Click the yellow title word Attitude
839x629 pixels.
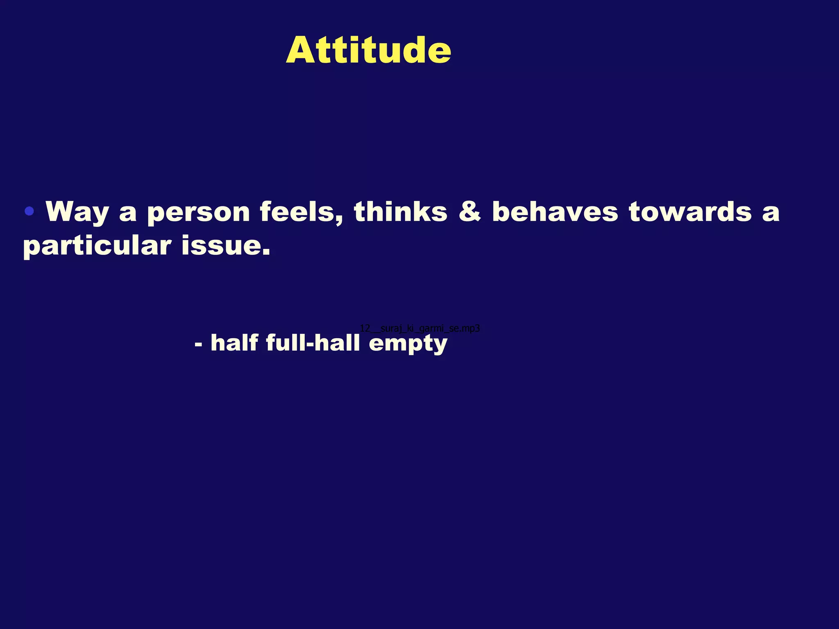(x=368, y=50)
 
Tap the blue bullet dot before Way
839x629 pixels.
(x=29, y=211)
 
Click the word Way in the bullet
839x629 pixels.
(x=77, y=212)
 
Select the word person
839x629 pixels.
(x=198, y=213)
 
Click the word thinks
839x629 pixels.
(x=401, y=212)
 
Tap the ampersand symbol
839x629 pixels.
(x=469, y=212)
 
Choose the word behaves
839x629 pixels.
(x=555, y=212)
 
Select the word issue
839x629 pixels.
(x=221, y=246)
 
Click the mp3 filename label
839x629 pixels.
(x=419, y=328)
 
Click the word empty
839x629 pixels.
(x=408, y=344)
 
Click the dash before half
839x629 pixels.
(x=199, y=344)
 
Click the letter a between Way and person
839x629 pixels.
(x=128, y=214)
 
